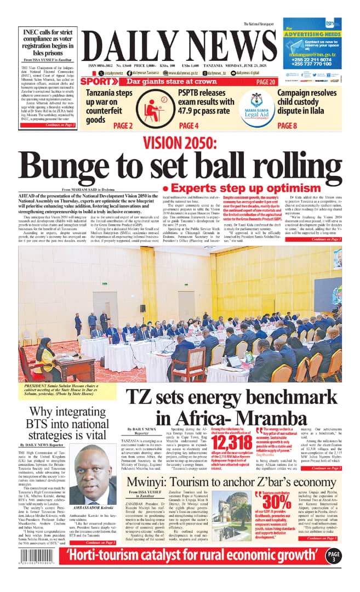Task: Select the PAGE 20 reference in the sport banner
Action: click(265, 82)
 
